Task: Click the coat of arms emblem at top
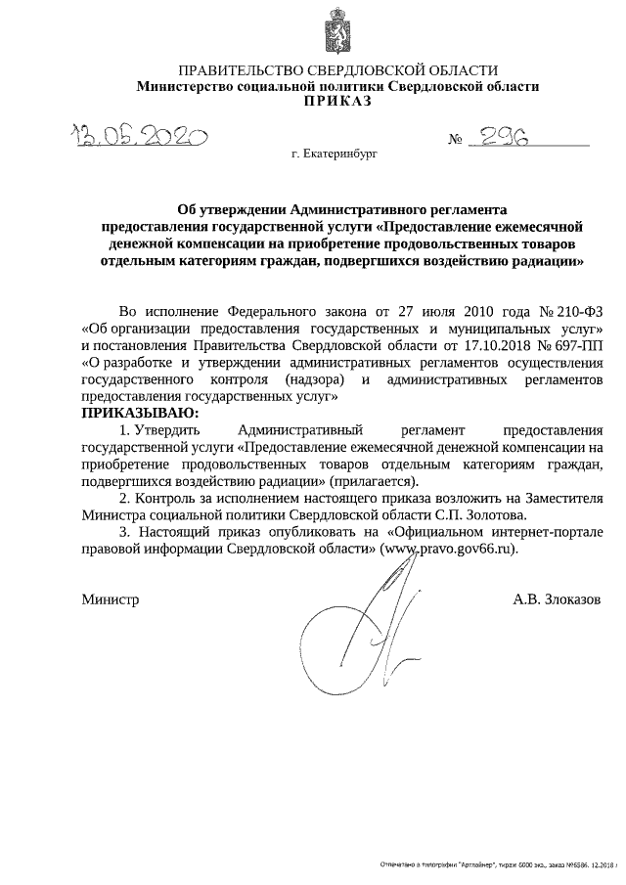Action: click(x=336, y=31)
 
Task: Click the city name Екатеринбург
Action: click(x=334, y=155)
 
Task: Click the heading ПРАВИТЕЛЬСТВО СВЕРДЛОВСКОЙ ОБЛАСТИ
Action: click(x=337, y=70)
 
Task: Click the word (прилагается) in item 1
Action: click(x=374, y=481)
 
